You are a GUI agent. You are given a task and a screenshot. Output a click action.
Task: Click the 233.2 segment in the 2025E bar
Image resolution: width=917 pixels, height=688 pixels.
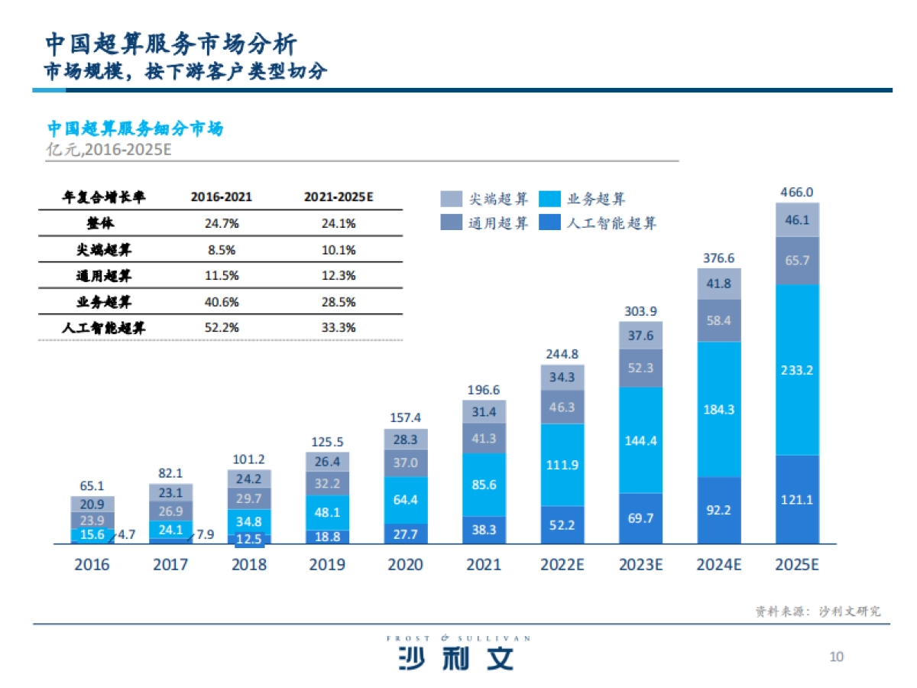pyautogui.click(x=797, y=370)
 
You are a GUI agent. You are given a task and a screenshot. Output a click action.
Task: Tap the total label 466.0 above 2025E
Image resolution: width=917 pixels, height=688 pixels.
pyautogui.click(x=797, y=193)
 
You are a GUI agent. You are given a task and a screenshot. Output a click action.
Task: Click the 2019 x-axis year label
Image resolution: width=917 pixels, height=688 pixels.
pyautogui.click(x=327, y=565)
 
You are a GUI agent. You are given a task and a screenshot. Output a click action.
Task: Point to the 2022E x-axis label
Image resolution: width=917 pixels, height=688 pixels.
pyautogui.click(x=562, y=565)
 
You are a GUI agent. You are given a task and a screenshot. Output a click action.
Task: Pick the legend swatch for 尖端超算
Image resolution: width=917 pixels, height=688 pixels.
pyautogui.click(x=451, y=200)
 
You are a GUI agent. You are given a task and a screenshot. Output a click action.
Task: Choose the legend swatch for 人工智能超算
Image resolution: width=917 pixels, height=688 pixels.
pyautogui.click(x=549, y=223)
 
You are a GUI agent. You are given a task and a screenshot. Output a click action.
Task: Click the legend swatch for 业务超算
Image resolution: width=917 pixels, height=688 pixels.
pyautogui.click(x=549, y=200)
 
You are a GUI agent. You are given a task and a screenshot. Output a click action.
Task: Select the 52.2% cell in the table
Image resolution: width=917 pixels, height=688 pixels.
pyautogui.click(x=222, y=328)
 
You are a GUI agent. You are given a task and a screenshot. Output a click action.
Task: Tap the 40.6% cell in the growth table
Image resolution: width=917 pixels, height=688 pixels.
pyautogui.click(x=222, y=302)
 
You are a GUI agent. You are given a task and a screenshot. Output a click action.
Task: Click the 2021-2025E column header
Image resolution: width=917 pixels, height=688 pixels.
pyautogui.click(x=339, y=197)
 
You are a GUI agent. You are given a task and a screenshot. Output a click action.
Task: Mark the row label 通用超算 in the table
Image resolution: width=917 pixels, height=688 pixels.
pyautogui.click(x=103, y=276)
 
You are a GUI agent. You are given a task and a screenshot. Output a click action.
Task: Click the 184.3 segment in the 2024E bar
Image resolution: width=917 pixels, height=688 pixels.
pyautogui.click(x=718, y=409)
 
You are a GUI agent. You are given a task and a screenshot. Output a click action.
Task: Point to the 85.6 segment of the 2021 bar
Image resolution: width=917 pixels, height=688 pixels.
pyautogui.click(x=484, y=484)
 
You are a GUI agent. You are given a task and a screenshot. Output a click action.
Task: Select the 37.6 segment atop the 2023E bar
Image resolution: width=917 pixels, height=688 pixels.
pyautogui.click(x=640, y=336)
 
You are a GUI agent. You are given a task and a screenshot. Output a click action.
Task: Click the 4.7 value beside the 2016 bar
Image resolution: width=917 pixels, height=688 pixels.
pyautogui.click(x=126, y=535)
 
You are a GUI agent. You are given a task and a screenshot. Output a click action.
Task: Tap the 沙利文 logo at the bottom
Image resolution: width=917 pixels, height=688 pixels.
pyautogui.click(x=457, y=657)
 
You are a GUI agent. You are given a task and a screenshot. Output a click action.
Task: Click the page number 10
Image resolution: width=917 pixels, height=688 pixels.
pyautogui.click(x=836, y=657)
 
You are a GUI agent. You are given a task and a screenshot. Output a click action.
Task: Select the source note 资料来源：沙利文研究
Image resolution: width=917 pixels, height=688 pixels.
pyautogui.click(x=818, y=612)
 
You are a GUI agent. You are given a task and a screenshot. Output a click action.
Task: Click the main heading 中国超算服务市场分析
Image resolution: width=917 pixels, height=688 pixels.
pyautogui.click(x=170, y=43)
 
